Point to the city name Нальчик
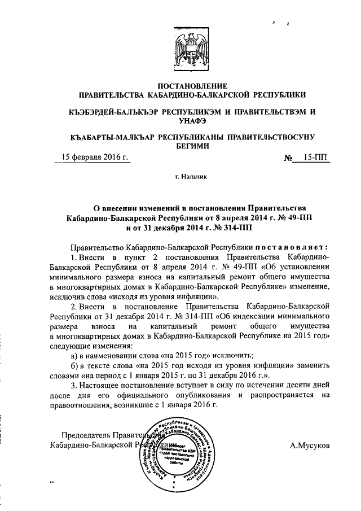[191, 177]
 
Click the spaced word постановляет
[292, 246]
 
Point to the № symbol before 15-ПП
[289, 158]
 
